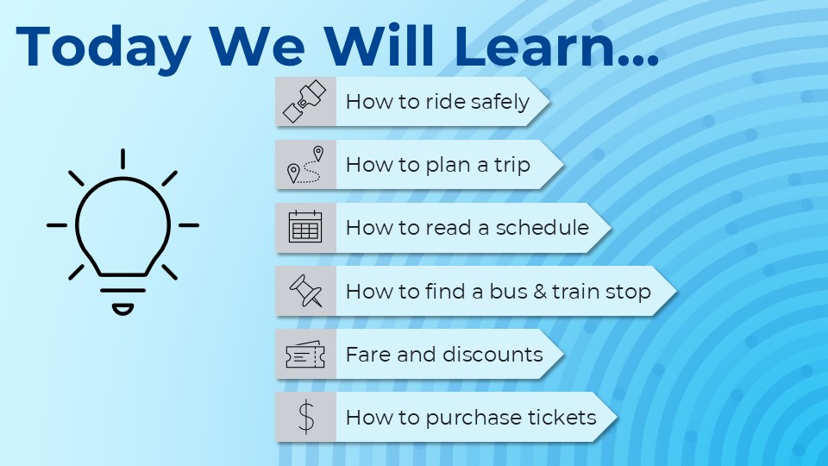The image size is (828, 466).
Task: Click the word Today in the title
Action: [x=103, y=47]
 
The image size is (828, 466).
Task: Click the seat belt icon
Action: [x=304, y=102]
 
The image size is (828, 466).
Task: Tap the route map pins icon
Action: [x=305, y=165]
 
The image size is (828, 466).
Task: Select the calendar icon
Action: [x=305, y=227]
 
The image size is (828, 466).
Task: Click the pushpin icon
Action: [x=306, y=291]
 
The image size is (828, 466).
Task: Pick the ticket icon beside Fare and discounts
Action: [x=305, y=354]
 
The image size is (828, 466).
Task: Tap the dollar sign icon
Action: [x=305, y=418]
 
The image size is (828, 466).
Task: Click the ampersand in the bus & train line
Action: [x=539, y=292]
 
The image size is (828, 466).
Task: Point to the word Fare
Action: [x=368, y=355]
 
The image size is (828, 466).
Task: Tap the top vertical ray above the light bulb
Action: [x=123, y=159]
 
